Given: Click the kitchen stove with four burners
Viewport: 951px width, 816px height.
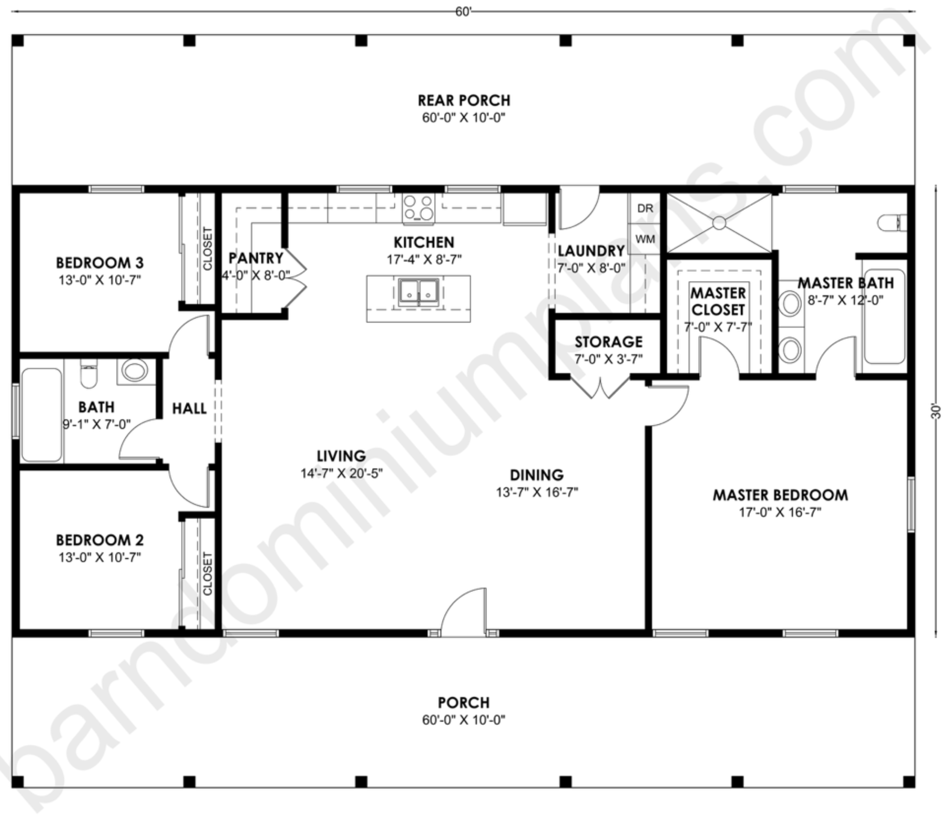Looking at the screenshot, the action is click(419, 208).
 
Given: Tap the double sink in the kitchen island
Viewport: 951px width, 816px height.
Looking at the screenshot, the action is click(419, 292).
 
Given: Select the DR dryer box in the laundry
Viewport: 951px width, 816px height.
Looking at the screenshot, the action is click(645, 208).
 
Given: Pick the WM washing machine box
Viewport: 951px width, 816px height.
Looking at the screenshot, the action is click(645, 239).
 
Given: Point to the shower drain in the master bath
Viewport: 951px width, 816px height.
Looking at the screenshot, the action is click(719, 223).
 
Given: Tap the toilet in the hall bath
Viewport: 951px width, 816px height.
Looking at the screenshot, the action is click(88, 374).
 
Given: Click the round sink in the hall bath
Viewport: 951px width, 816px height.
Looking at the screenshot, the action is click(134, 370).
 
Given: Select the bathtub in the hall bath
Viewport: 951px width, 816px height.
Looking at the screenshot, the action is click(41, 415).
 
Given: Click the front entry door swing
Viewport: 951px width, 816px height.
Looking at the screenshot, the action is click(463, 612).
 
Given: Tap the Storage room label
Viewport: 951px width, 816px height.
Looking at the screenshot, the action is click(608, 342).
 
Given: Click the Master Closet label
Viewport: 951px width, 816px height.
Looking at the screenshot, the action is click(718, 301).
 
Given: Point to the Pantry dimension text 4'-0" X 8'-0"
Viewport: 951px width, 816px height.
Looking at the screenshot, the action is click(256, 275).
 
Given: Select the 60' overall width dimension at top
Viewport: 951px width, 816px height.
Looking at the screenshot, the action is click(463, 12).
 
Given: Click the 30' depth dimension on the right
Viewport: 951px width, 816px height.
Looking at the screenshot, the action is click(935, 411).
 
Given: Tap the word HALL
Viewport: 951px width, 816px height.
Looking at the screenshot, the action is click(189, 408).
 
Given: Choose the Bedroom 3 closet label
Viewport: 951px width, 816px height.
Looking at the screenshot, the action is click(207, 249).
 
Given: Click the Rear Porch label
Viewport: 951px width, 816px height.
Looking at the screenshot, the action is click(464, 101).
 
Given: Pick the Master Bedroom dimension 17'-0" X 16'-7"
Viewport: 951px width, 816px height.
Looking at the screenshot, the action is click(780, 512).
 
